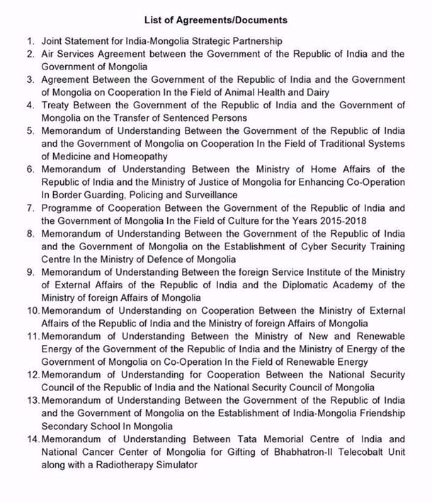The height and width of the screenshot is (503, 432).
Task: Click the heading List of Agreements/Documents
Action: click(x=215, y=20)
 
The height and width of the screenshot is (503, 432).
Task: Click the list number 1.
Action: click(x=30, y=42)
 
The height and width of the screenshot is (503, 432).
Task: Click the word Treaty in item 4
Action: click(x=57, y=105)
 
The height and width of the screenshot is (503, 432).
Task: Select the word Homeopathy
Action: click(x=140, y=156)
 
